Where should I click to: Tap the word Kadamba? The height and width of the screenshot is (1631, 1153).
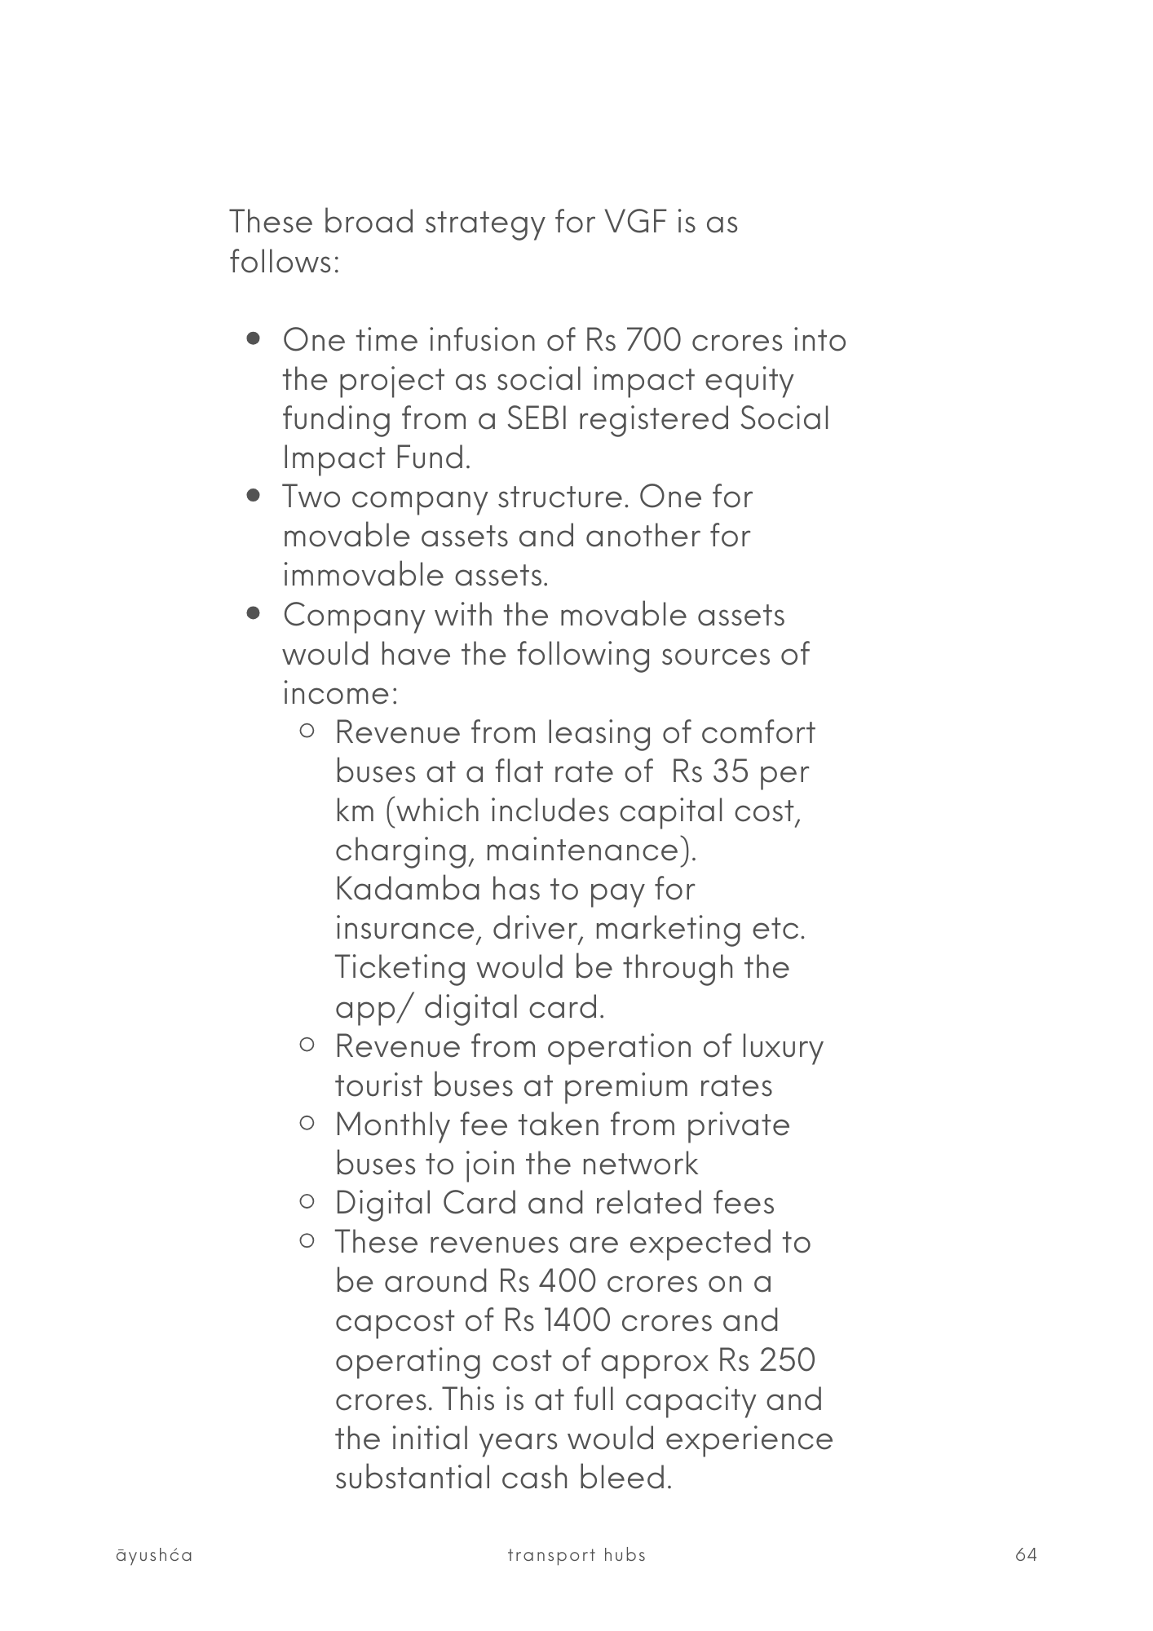tap(408, 889)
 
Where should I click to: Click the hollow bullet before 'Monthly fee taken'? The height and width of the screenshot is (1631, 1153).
tap(307, 1124)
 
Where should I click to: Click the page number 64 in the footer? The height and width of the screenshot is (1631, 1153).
tap(1026, 1555)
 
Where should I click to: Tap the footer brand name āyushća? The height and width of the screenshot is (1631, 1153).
tap(154, 1555)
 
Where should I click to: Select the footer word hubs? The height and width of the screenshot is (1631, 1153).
tap(625, 1555)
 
